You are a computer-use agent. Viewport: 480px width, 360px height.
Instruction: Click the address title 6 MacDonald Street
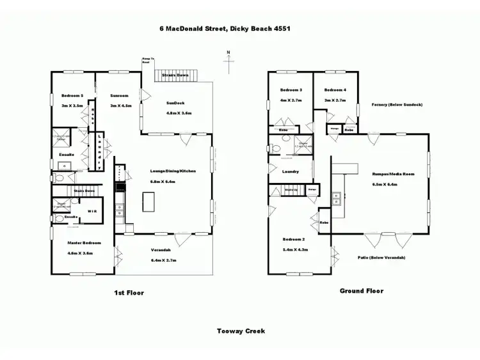(220, 29)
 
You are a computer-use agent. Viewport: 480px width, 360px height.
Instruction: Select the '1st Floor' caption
(128, 293)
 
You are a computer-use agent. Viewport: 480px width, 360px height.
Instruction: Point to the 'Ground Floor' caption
(361, 291)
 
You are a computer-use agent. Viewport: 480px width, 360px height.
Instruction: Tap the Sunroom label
(120, 96)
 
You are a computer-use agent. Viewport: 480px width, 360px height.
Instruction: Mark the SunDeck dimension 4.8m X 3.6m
(179, 113)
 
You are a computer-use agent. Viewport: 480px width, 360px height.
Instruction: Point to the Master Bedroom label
(80, 243)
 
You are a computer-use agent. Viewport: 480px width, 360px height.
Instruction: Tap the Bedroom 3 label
(291, 90)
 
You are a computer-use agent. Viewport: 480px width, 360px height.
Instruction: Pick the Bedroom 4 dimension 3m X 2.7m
(335, 100)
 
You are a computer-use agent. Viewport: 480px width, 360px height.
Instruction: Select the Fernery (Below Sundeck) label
(397, 104)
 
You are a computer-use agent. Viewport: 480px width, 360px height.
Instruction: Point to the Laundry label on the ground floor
(291, 171)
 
